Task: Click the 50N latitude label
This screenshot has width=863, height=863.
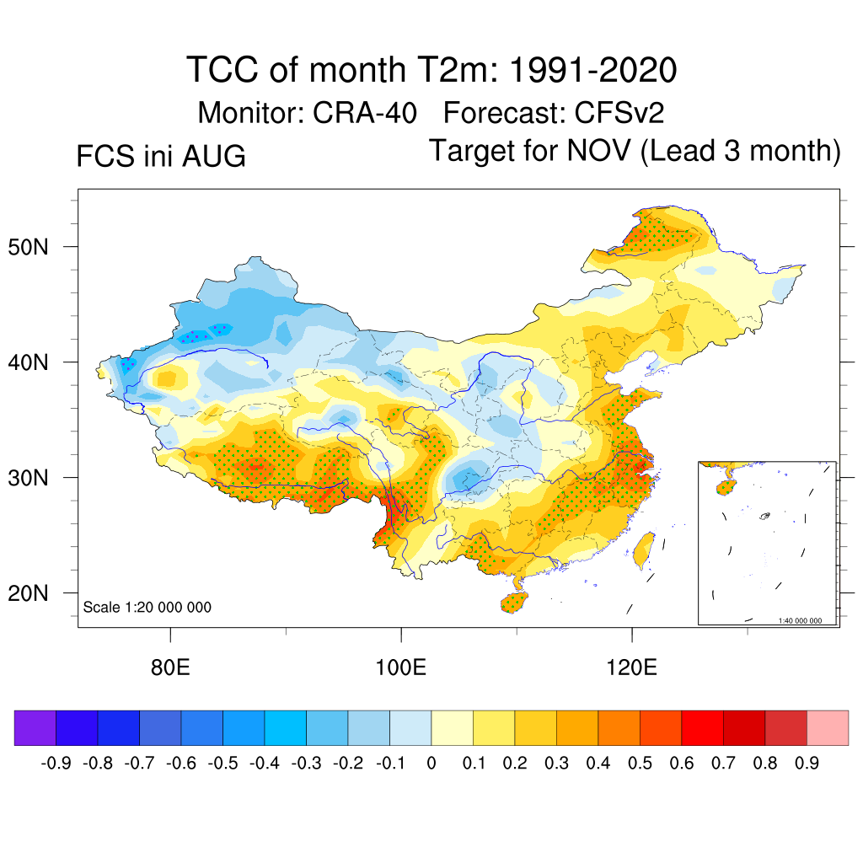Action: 28,247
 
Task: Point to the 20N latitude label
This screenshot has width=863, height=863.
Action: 28,593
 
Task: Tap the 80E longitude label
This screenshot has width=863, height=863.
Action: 170,667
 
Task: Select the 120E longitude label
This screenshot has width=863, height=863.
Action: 631,667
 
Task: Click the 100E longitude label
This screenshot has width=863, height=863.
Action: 400,667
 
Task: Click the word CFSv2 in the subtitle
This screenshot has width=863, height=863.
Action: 619,113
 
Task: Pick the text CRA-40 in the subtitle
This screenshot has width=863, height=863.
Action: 364,113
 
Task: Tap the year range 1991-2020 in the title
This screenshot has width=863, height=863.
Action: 592,70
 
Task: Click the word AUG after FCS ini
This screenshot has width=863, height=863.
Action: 213,156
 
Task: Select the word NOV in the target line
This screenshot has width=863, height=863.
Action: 598,150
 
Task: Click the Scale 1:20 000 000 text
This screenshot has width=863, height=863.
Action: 147,607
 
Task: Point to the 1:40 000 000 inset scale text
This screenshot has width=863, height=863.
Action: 800,621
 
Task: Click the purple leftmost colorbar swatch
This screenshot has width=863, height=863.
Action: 35,727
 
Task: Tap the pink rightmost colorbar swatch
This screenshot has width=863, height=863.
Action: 828,727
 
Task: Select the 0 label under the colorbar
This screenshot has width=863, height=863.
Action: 431,763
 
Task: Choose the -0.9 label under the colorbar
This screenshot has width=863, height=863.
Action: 56,763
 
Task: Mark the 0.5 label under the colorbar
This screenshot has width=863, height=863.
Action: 640,763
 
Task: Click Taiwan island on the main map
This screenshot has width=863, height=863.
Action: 643,550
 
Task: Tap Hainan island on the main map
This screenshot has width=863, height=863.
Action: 514,602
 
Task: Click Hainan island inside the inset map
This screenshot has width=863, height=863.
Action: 725,487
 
